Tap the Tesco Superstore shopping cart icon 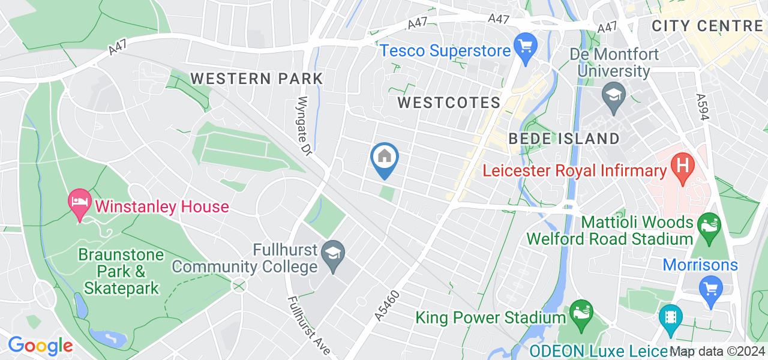(x=526, y=46)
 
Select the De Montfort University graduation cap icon (x=614, y=96)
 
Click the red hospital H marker (x=682, y=165)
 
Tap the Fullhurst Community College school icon (x=331, y=254)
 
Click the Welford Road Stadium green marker (x=707, y=227)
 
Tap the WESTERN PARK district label (x=257, y=79)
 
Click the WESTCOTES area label (x=449, y=103)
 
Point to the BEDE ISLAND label (x=564, y=139)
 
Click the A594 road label (x=703, y=109)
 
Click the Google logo (x=40, y=346)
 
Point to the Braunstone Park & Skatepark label (x=121, y=271)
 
